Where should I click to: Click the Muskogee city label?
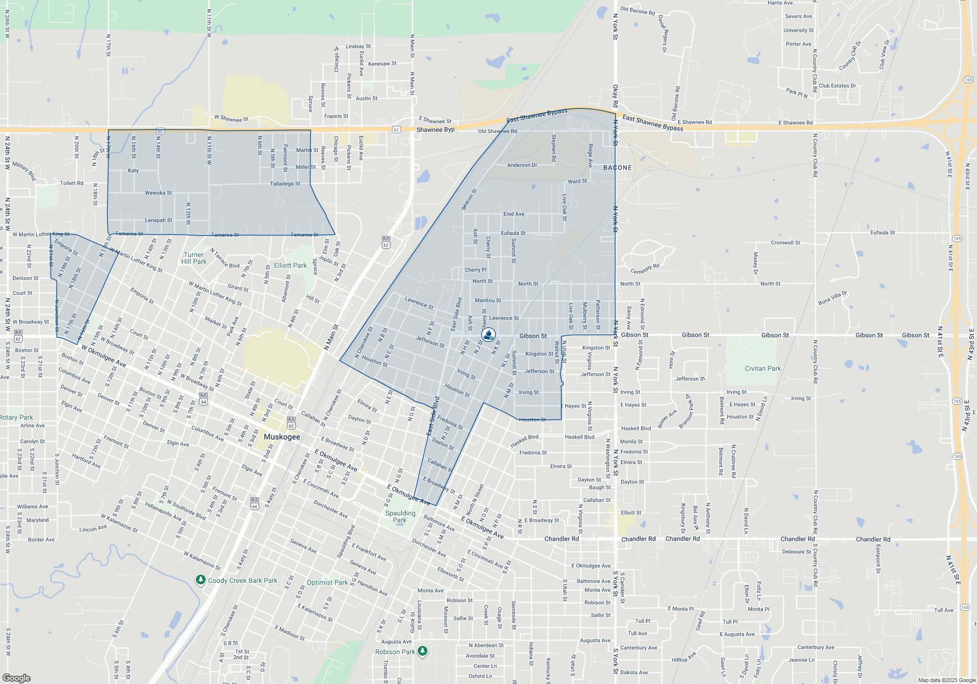pos(282,437)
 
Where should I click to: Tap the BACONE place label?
pos(617,168)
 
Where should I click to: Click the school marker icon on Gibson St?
pos(488,335)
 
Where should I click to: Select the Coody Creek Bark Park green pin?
pos(200,580)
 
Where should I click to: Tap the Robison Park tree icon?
pos(423,651)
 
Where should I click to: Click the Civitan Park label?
pos(763,368)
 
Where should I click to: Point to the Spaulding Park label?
pos(400,516)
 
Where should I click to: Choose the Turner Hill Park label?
pos(194,258)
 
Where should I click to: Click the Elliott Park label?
pos(290,265)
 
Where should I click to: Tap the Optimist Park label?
pos(327,582)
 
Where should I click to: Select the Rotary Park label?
pos(17,417)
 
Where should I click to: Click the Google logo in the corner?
pos(17,678)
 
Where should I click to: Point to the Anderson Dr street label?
pos(522,165)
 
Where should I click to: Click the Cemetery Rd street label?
pos(645,269)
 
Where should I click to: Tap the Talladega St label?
pos(285,184)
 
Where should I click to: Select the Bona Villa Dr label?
pos(832,298)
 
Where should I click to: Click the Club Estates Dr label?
pos(837,86)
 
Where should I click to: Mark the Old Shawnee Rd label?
pos(497,131)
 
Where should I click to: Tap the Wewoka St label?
pos(158,193)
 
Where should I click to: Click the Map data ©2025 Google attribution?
pos(946,680)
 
